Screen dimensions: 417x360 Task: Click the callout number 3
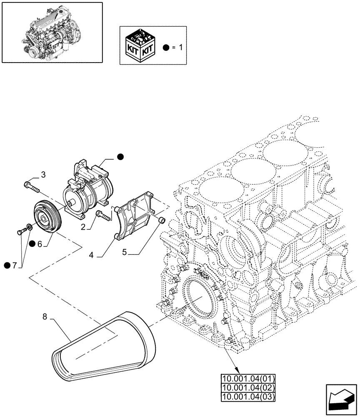point(43,174)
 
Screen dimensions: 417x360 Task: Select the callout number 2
point(84,227)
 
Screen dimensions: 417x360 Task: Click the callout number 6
point(40,244)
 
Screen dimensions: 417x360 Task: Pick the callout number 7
point(15,266)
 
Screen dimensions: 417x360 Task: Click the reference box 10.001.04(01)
point(248,379)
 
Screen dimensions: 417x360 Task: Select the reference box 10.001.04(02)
point(248,387)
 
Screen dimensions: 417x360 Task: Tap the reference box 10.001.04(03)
point(248,395)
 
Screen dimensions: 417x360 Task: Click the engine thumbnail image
point(52,32)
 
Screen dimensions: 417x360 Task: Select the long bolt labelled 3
point(32,186)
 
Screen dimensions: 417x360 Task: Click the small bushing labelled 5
point(162,220)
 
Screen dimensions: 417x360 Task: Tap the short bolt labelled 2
point(103,216)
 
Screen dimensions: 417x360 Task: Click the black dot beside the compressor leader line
point(120,157)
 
